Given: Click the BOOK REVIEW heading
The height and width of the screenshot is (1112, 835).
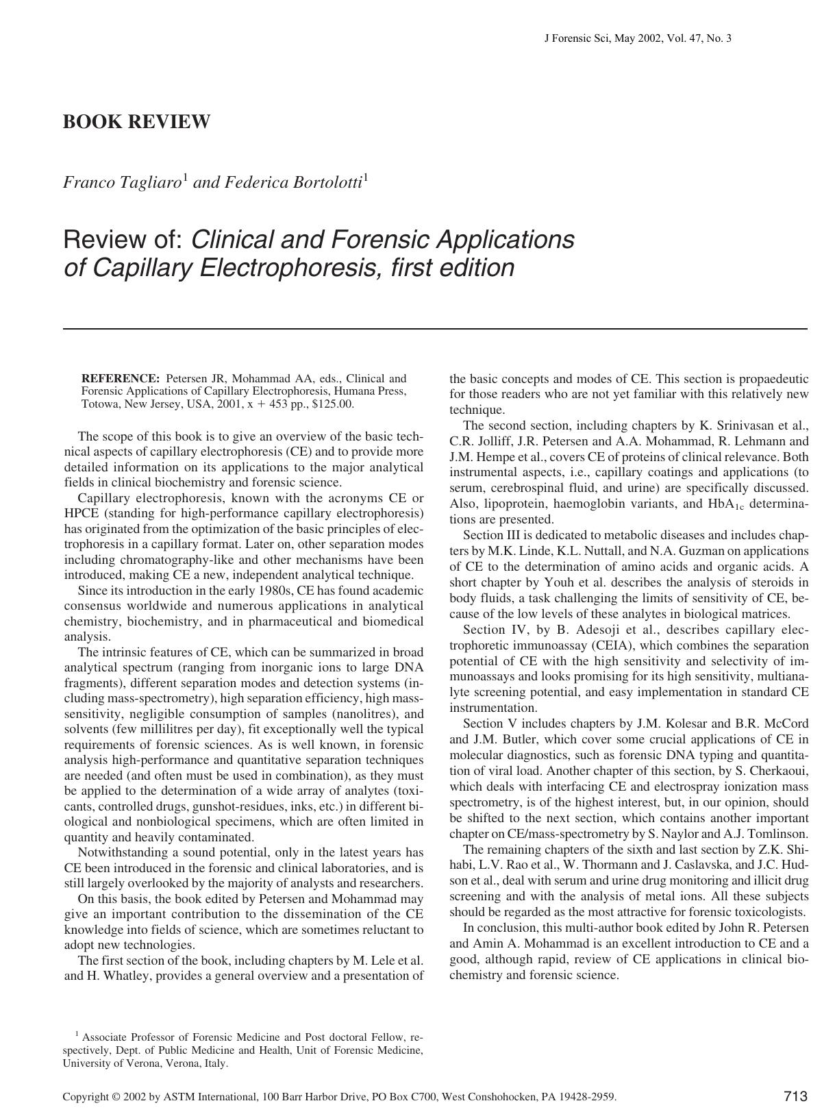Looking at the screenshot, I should (136, 123).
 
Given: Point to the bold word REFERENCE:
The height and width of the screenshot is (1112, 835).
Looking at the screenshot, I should (120, 378).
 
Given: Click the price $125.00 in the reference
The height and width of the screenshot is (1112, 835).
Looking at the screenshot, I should (332, 404).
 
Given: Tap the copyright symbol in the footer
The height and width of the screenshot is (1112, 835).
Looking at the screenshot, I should (118, 1097).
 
